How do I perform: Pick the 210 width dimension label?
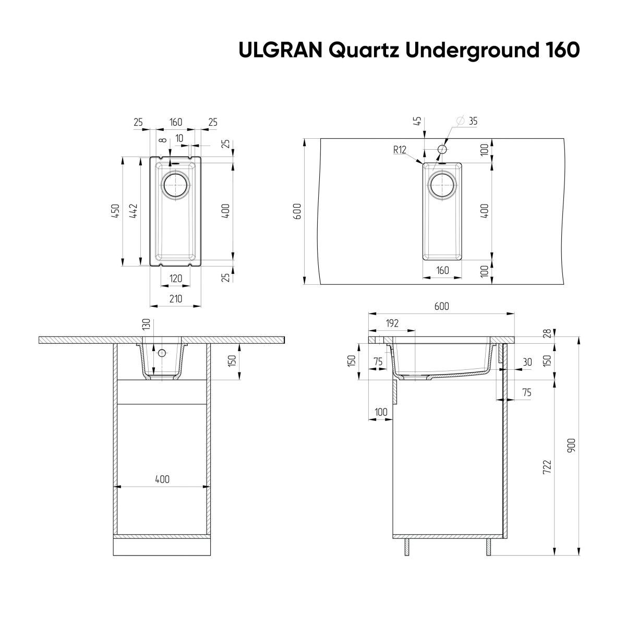tap(175, 298)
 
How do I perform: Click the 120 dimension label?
tap(175, 279)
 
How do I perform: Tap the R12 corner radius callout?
tap(400, 150)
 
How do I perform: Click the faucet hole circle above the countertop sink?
tap(442, 150)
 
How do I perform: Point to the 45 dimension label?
tap(417, 122)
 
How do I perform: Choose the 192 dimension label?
tap(392, 323)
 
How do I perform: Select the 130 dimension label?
tap(146, 324)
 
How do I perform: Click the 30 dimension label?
tap(526, 362)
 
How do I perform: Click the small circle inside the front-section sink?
tap(162, 353)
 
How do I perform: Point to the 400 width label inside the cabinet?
tap(162, 479)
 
